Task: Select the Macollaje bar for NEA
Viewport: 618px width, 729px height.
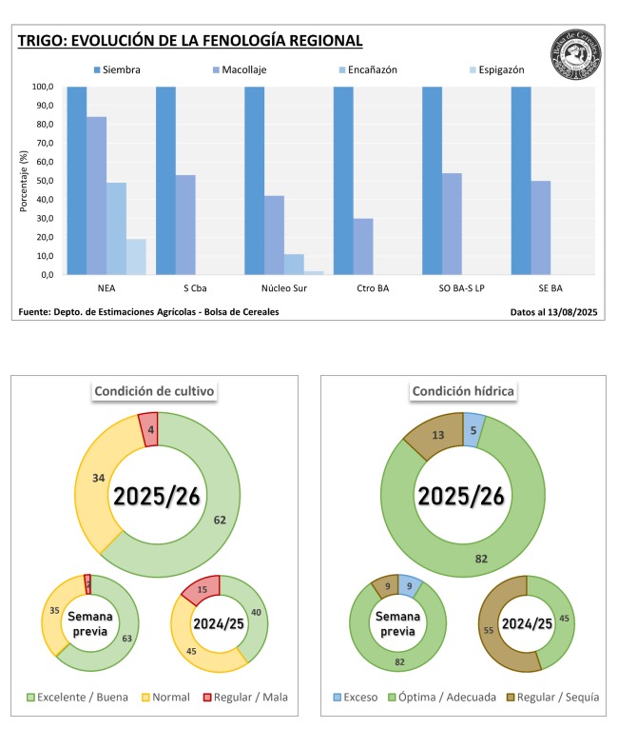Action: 97,195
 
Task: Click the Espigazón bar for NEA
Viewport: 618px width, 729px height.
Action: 136,256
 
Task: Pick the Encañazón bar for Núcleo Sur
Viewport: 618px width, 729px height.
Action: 294,264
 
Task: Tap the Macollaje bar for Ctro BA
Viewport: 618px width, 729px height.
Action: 363,246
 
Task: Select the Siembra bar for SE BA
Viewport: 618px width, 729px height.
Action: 521,180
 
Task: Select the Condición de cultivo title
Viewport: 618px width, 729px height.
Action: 154,390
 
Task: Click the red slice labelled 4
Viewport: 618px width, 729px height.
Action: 148,428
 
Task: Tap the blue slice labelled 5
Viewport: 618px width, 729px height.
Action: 474,428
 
